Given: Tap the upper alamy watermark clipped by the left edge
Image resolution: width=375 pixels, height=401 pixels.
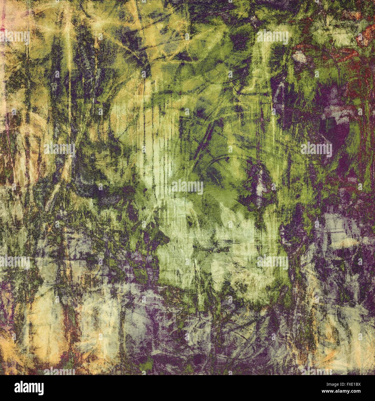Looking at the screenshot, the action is [x=14, y=38].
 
